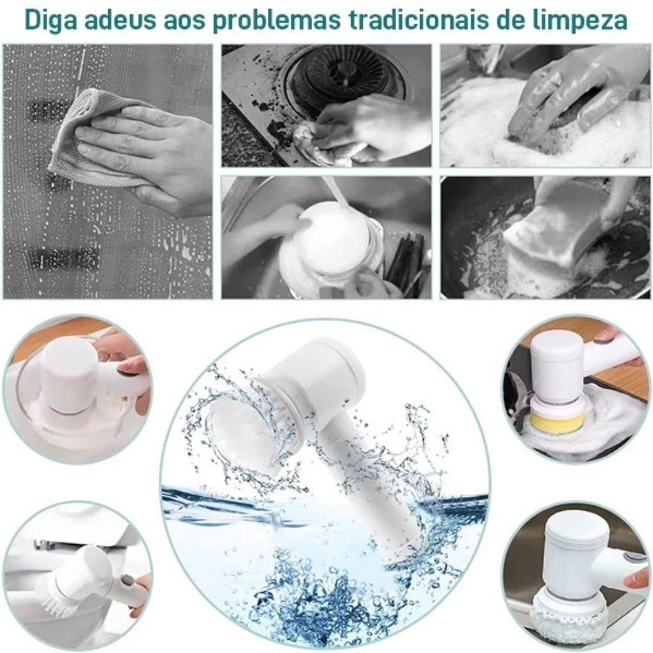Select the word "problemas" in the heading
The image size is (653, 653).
[x=267, y=20]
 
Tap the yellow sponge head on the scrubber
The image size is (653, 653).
[x=557, y=420]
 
